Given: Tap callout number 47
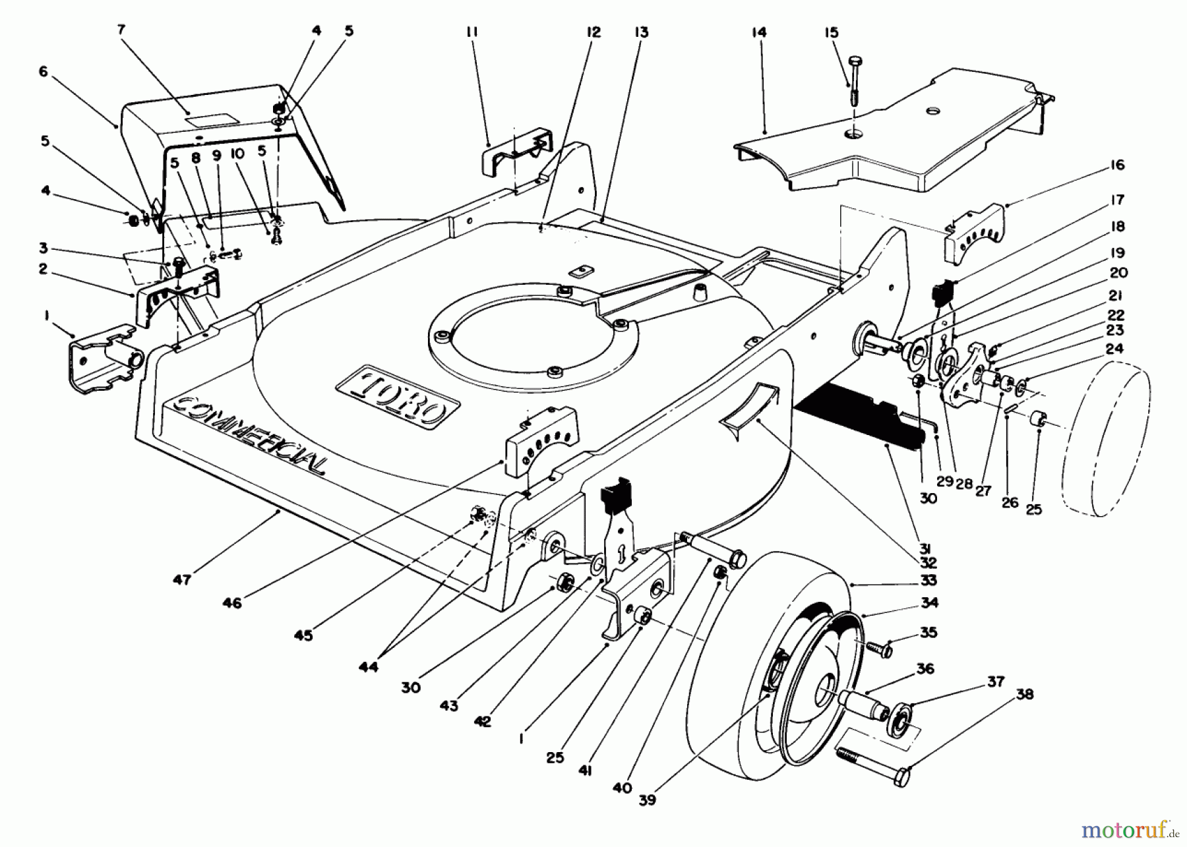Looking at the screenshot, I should click(181, 579).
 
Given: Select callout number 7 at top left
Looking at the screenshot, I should click(121, 29).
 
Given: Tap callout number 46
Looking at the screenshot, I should click(232, 602).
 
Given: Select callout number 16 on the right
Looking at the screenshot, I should click(1117, 165).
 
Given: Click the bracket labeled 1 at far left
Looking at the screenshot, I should click(106, 356).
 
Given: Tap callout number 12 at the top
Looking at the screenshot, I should click(593, 32).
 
